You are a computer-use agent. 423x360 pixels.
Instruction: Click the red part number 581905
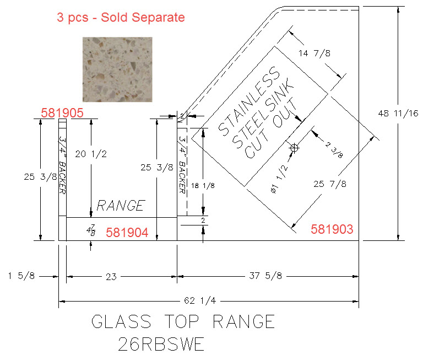[x=62, y=113]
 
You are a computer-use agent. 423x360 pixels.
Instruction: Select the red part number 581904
[x=127, y=233]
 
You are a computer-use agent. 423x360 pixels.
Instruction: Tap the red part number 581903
[x=332, y=229]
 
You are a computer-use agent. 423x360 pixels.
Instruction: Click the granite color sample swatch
[x=117, y=69]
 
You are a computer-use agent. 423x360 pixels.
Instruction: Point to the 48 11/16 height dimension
[x=398, y=114]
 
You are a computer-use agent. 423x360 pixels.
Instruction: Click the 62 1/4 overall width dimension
[x=200, y=300]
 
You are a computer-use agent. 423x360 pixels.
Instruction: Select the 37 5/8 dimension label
[x=265, y=276]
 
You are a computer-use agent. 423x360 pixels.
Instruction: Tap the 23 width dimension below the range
[x=111, y=277]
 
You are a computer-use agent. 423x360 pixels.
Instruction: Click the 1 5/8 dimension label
[x=21, y=276]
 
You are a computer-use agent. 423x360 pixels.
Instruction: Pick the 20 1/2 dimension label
[x=91, y=154]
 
